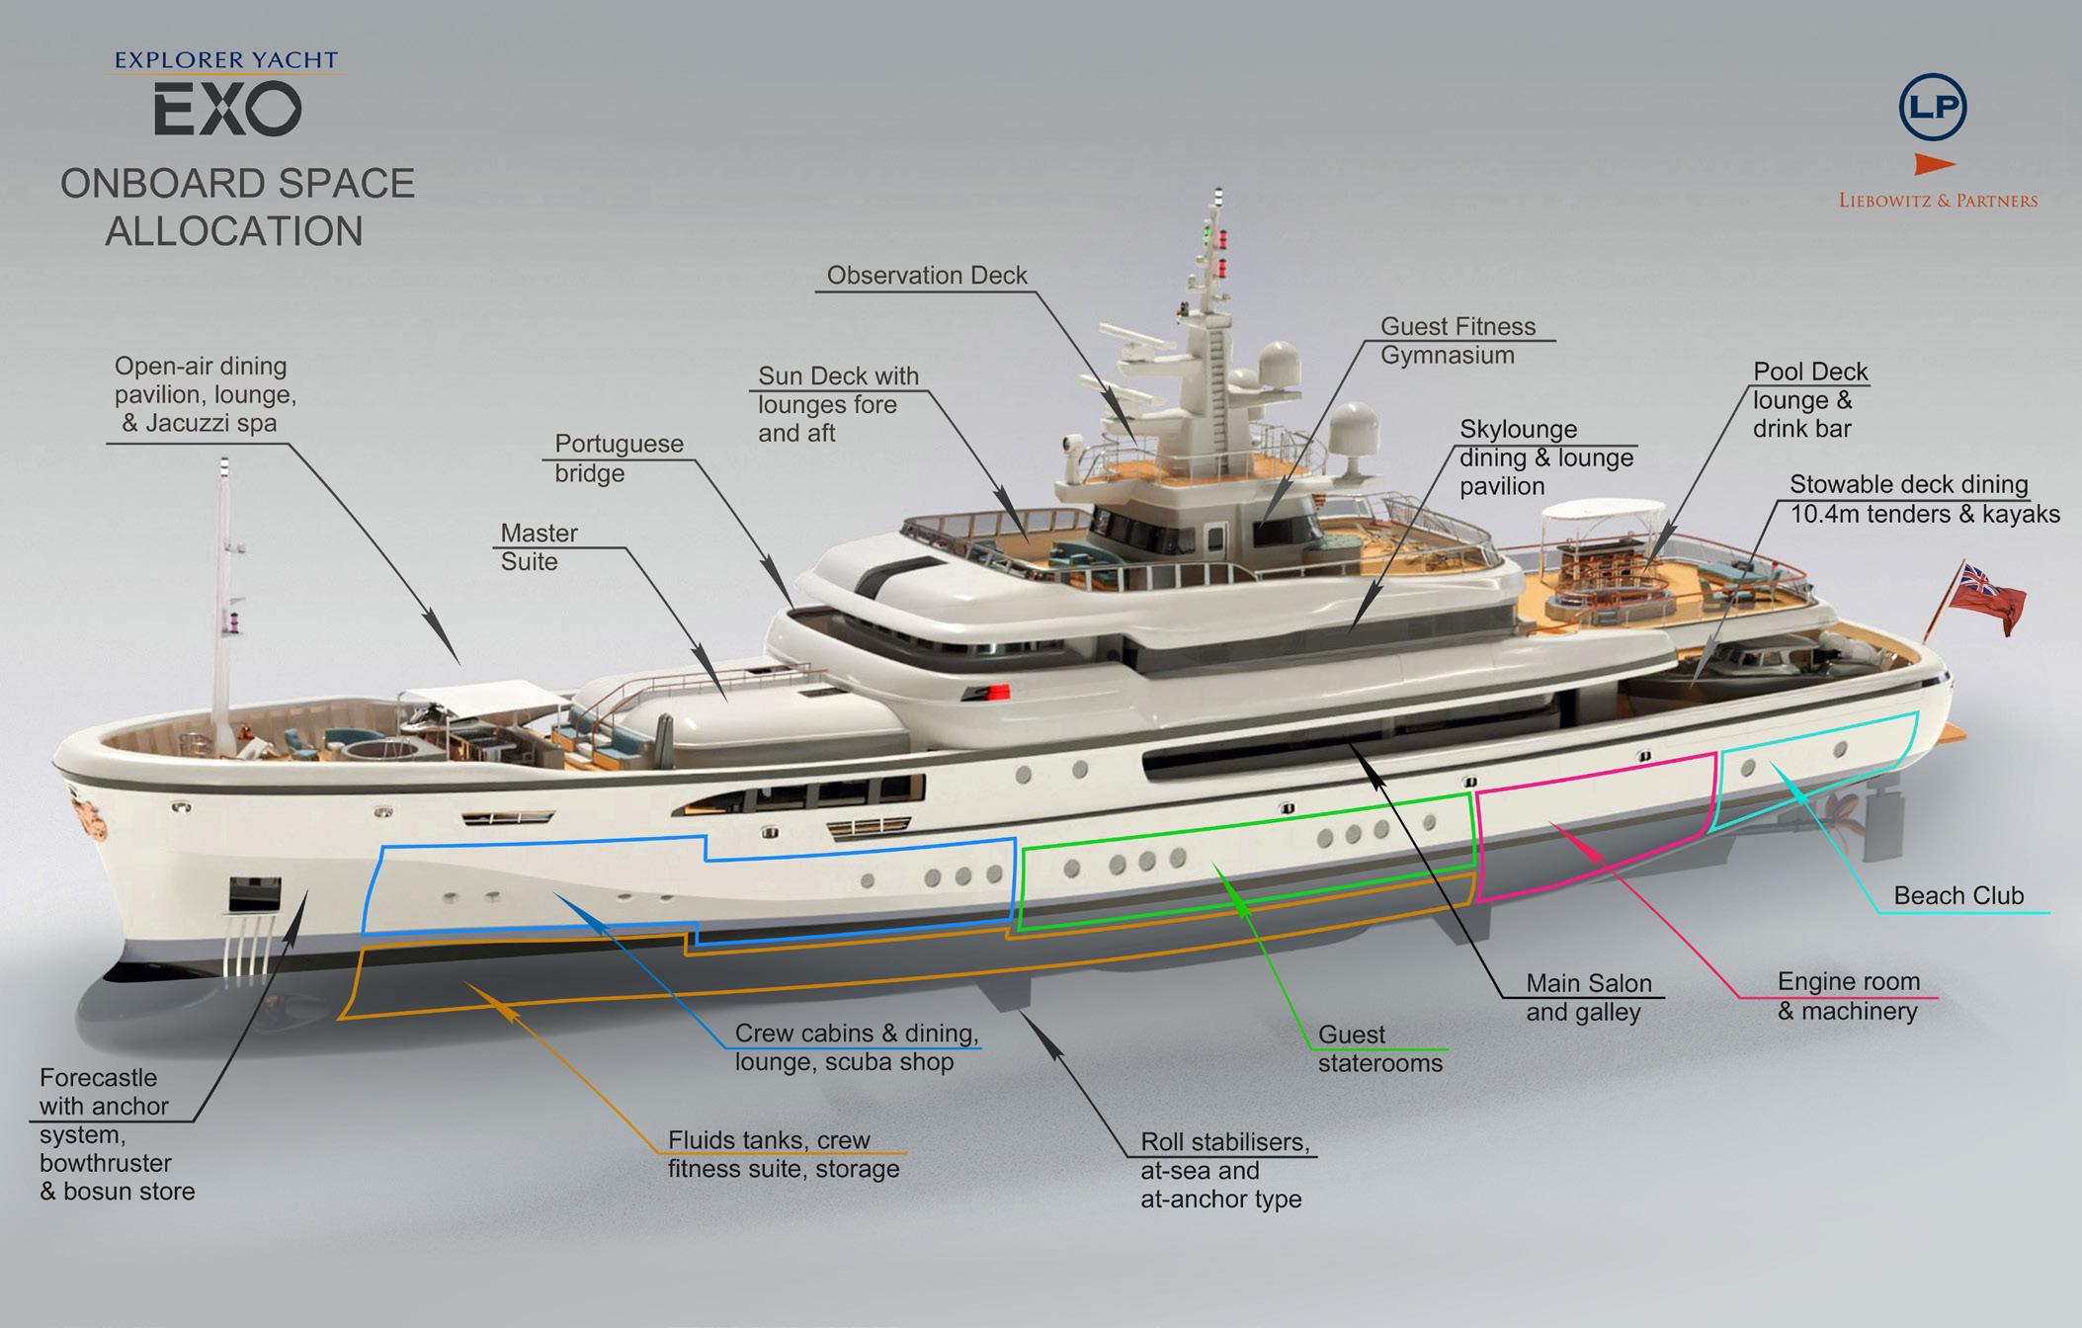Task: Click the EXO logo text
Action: click(x=227, y=109)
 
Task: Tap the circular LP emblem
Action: click(x=1933, y=107)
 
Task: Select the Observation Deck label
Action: click(x=926, y=276)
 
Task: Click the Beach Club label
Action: click(x=1958, y=895)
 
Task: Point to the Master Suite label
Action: click(x=540, y=547)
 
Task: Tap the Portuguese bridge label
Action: click(x=618, y=457)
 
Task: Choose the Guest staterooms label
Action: click(x=1379, y=1049)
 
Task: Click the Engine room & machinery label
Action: click(x=1848, y=996)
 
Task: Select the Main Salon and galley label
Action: click(x=1588, y=998)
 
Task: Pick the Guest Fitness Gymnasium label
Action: click(x=1457, y=341)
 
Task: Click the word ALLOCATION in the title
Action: click(x=234, y=231)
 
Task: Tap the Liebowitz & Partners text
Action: click(x=1938, y=201)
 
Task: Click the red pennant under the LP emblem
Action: click(x=1934, y=164)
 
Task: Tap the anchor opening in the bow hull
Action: click(x=254, y=894)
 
